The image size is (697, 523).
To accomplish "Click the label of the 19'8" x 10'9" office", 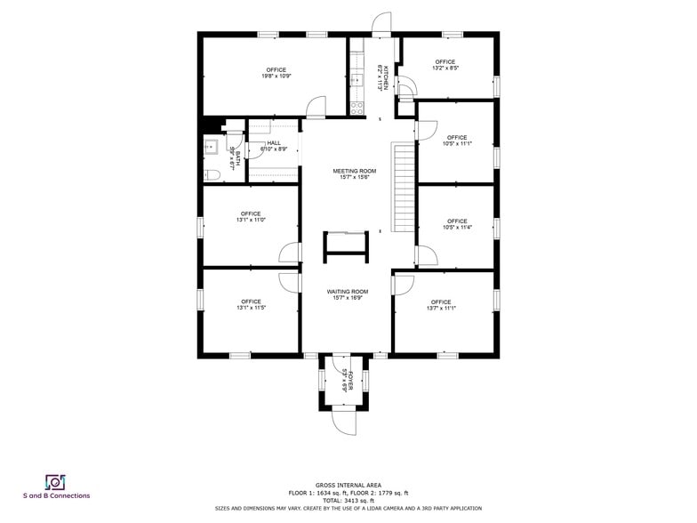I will [x=276, y=70].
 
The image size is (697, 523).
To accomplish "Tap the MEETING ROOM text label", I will [x=355, y=171].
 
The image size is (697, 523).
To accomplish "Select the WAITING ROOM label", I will [x=348, y=292].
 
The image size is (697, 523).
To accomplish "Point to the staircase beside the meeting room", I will [x=405, y=186].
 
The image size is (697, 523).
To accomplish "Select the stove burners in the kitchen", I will [x=357, y=109].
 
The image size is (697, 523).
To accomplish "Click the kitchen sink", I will [x=357, y=80].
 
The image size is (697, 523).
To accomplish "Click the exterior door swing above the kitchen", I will [x=381, y=23].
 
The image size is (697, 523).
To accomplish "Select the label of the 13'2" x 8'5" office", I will [x=445, y=62].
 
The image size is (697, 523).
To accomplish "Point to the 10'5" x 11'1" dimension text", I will [x=457, y=143].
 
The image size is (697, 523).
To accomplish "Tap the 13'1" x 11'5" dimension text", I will [x=252, y=308].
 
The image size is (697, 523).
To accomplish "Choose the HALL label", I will [x=274, y=143].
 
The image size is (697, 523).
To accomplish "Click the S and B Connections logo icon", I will [x=56, y=481].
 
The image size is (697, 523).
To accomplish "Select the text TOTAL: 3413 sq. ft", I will [x=348, y=500].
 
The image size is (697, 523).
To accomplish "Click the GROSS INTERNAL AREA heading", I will [x=348, y=485].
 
